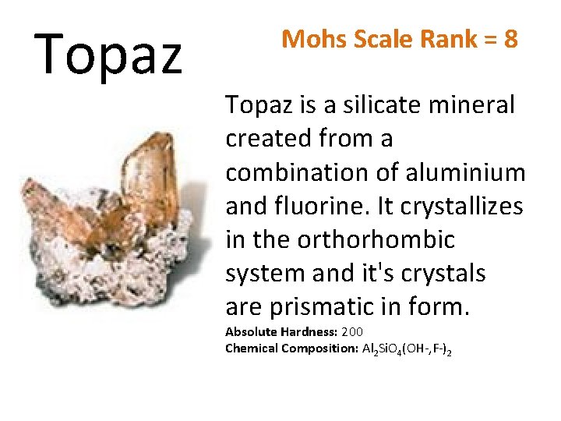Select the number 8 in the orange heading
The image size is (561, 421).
(x=510, y=38)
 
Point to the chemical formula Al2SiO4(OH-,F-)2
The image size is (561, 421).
(x=408, y=349)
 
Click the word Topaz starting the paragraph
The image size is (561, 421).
(x=258, y=105)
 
